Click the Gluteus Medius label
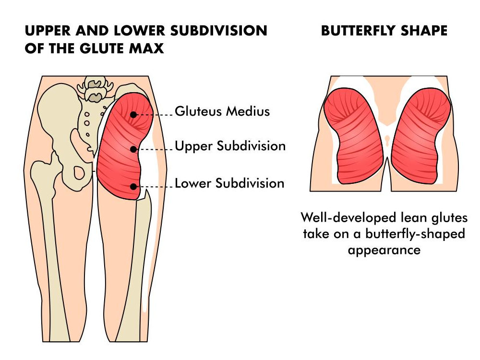pyautogui.click(x=222, y=111)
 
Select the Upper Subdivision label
pyautogui.click(x=230, y=146)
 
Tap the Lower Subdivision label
pyautogui.click(x=229, y=183)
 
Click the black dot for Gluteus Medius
pyautogui.click(x=133, y=115)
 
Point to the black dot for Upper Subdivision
pyautogui.click(x=133, y=149)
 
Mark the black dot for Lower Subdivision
pyautogui.click(x=133, y=186)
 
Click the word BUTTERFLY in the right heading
pyautogui.click(x=358, y=31)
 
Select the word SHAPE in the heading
pyautogui.click(x=424, y=31)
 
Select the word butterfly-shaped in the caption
pyautogui.click(x=415, y=234)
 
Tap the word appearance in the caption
pyautogui.click(x=384, y=250)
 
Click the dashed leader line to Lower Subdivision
pyautogui.click(x=154, y=186)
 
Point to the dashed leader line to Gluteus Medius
pyautogui.click(x=154, y=115)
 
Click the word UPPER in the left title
pyautogui.click(x=48, y=31)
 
